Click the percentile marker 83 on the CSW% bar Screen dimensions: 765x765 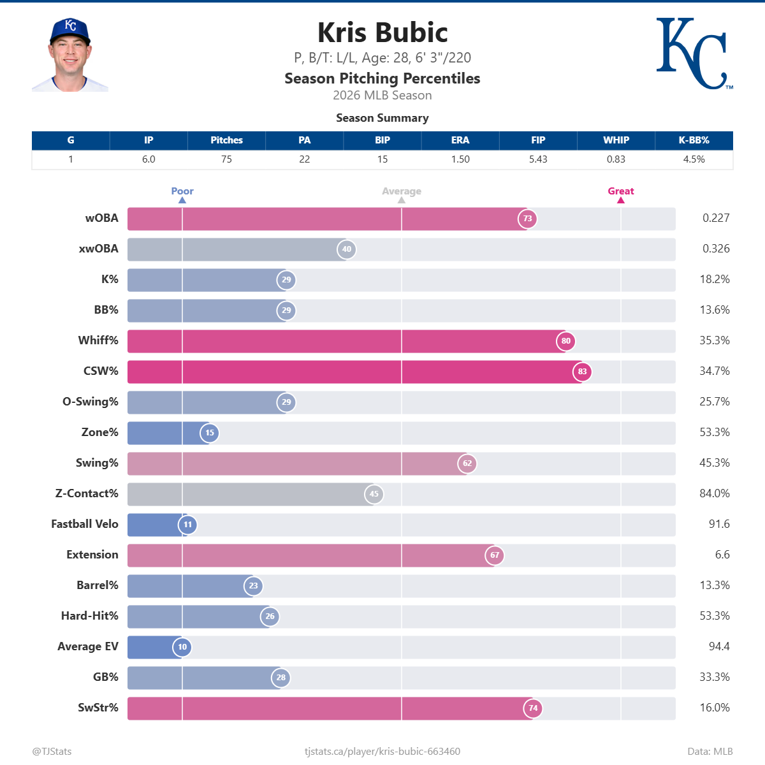[x=582, y=372]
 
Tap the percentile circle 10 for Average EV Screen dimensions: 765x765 [x=182, y=647]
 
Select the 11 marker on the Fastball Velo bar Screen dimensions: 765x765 [x=187, y=525]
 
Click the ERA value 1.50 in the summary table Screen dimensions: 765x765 [x=460, y=159]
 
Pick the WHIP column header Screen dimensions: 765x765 [x=616, y=140]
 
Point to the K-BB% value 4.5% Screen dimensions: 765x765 [x=694, y=159]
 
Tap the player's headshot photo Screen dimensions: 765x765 [x=70, y=55]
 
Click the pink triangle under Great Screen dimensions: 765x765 [x=621, y=200]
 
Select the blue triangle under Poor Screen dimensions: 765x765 [x=182, y=200]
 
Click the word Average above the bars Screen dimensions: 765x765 [x=402, y=191]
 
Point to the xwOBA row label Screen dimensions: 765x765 [x=98, y=249]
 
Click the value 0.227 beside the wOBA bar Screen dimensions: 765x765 [x=716, y=218]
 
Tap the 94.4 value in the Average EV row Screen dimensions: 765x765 [x=719, y=646]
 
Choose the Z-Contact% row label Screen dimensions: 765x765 [x=87, y=493]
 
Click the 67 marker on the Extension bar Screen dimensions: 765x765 [x=495, y=555]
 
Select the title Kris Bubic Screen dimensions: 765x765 [x=382, y=33]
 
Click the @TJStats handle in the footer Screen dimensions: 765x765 [x=52, y=751]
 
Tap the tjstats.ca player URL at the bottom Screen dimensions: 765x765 [x=382, y=751]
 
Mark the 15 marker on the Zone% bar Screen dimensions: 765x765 [x=210, y=433]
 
